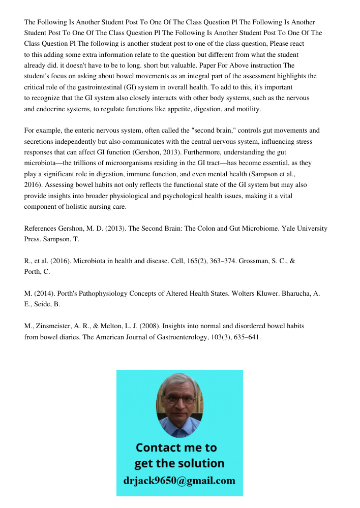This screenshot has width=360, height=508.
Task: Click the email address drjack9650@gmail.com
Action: click(x=179, y=481)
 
